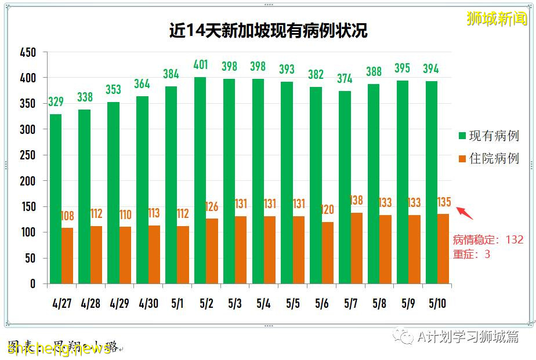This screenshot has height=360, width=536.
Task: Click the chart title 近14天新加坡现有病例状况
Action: [x=268, y=31]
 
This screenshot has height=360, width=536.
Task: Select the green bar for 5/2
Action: [x=200, y=180]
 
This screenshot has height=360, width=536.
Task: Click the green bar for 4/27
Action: [x=56, y=198]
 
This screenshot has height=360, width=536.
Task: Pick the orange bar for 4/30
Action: [x=154, y=254]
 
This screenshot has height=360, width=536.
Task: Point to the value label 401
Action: [x=200, y=64]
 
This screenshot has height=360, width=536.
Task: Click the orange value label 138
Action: [x=356, y=201]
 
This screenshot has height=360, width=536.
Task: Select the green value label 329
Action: [x=56, y=102]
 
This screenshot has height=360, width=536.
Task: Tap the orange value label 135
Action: [x=443, y=202]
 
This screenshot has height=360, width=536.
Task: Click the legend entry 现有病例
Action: [x=488, y=136]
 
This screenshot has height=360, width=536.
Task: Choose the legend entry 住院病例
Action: [x=488, y=158]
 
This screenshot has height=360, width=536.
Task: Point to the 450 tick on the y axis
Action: [x=28, y=53]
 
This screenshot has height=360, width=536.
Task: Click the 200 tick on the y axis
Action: [x=28, y=181]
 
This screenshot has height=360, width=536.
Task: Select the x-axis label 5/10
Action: [x=437, y=303]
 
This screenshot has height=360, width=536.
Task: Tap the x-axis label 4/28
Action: [x=90, y=303]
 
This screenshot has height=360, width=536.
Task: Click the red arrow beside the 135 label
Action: [x=465, y=213]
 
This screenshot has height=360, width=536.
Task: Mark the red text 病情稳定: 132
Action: [x=488, y=239]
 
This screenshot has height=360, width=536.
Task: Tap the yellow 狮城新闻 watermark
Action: [x=497, y=19]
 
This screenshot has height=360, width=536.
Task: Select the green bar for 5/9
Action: [x=403, y=181]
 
